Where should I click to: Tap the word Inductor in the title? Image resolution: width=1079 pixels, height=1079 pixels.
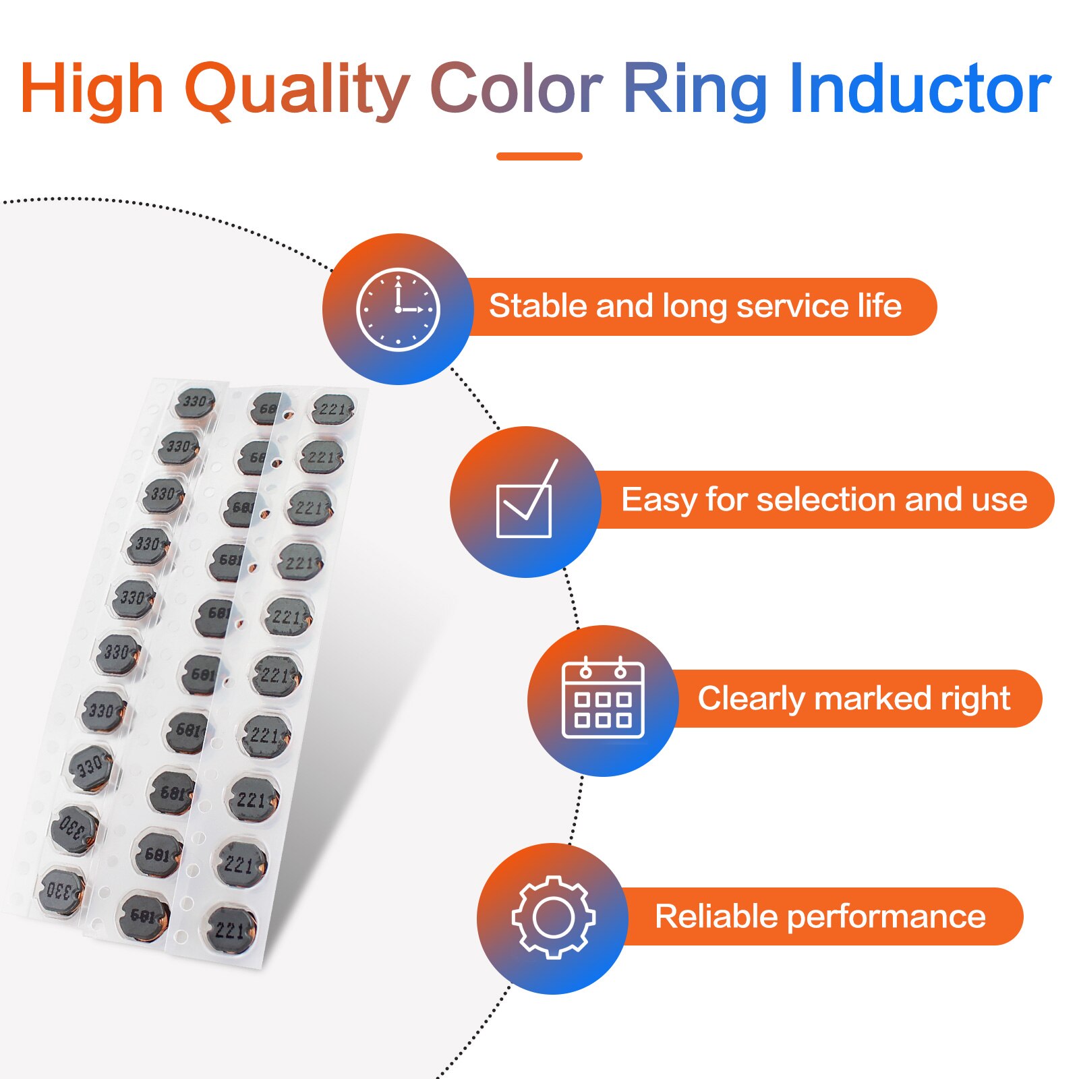[x=920, y=88]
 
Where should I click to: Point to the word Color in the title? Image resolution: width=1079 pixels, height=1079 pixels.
[x=516, y=89]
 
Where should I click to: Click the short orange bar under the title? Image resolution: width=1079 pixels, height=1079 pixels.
[x=539, y=156]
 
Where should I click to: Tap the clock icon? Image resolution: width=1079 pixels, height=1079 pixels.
[x=398, y=310]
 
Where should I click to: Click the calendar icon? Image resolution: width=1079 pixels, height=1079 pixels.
[x=603, y=698]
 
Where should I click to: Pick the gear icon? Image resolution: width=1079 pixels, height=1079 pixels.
[x=553, y=917]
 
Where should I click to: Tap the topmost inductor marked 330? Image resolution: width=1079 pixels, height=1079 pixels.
[x=195, y=403]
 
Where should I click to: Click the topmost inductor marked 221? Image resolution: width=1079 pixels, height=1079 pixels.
[x=333, y=410]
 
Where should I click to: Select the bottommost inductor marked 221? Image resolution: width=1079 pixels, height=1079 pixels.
[x=231, y=931]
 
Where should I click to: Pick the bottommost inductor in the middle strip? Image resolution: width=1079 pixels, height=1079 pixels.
[x=144, y=915]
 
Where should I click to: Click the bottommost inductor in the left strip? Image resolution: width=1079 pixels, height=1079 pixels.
[x=62, y=891]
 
